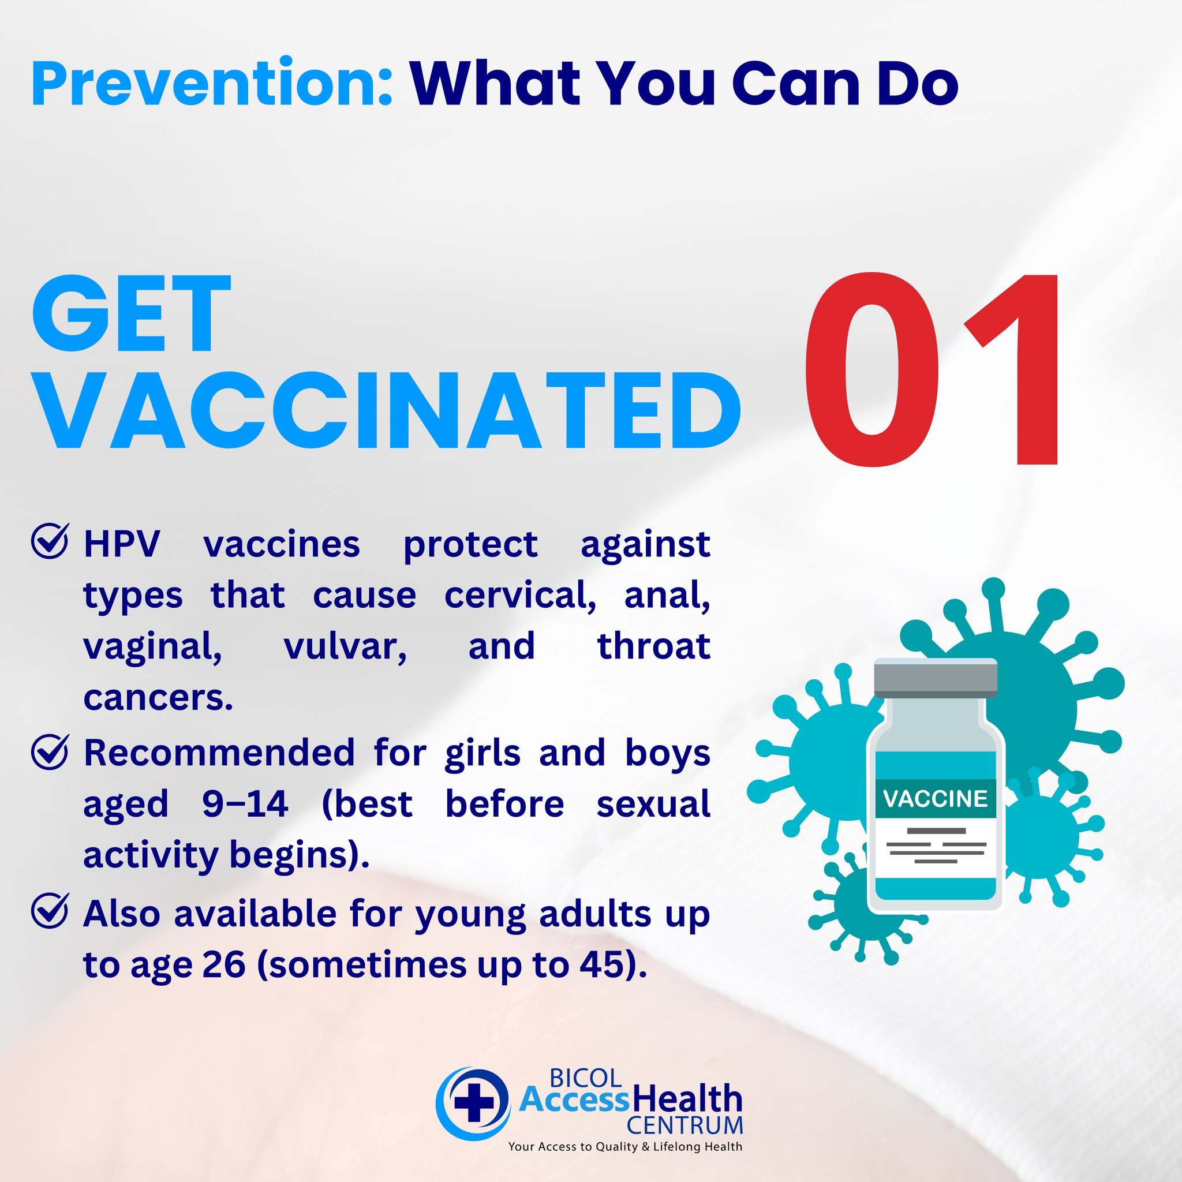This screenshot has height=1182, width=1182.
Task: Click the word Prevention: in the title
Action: point(212,84)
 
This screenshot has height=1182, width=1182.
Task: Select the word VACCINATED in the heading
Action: point(387,411)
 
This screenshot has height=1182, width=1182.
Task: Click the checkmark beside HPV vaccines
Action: point(50,541)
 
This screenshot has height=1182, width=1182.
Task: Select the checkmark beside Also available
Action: point(50,910)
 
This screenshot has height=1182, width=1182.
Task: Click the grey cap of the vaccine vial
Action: point(936,679)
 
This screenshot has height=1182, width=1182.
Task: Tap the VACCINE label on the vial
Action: point(936,798)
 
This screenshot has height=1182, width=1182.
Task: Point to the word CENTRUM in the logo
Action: point(684,1125)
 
